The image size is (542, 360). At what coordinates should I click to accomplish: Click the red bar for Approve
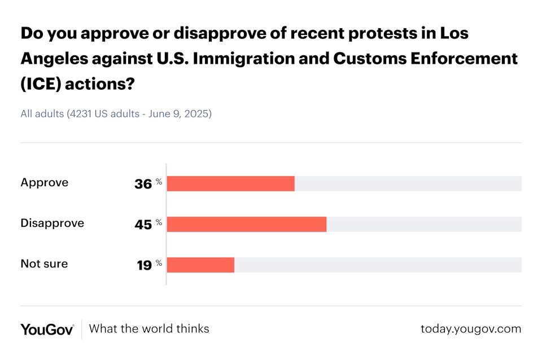(230, 183)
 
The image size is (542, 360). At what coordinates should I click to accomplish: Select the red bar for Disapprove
(246, 224)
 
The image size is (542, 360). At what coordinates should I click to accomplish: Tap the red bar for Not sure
(200, 265)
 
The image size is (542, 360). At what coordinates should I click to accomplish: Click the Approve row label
(44, 182)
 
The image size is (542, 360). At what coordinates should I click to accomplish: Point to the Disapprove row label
(52, 223)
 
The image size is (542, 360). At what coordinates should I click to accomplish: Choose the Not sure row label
(44, 264)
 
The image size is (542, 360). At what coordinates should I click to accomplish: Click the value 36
(143, 184)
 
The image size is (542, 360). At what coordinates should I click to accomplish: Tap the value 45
(143, 225)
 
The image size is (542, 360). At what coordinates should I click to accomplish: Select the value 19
(144, 265)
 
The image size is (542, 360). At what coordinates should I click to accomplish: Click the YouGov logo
(47, 329)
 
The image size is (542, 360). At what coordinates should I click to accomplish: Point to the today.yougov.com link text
(471, 328)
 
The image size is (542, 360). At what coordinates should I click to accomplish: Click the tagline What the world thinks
(149, 328)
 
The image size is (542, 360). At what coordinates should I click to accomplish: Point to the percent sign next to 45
(159, 222)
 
